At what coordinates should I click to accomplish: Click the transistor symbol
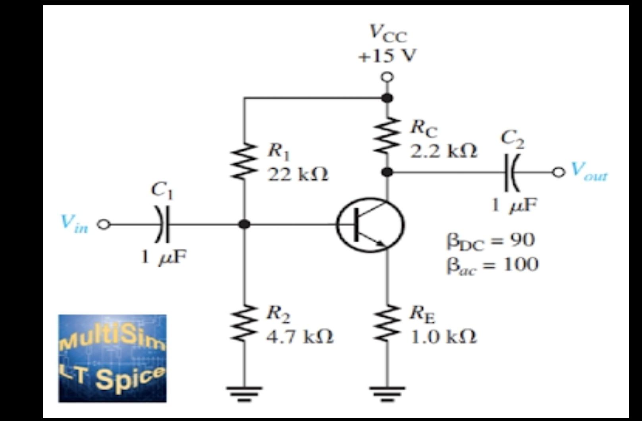tap(370, 225)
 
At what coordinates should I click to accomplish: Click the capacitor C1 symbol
tap(163, 224)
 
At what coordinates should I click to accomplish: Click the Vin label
tap(74, 224)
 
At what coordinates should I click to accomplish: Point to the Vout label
tap(589, 172)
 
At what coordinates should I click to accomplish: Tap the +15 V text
tap(387, 56)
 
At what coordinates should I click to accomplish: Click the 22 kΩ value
tap(298, 174)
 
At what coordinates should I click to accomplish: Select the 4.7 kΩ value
tap(300, 337)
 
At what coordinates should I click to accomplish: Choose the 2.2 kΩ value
tap(443, 151)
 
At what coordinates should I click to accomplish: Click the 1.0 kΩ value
tap(443, 337)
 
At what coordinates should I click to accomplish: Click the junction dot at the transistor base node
tap(244, 224)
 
